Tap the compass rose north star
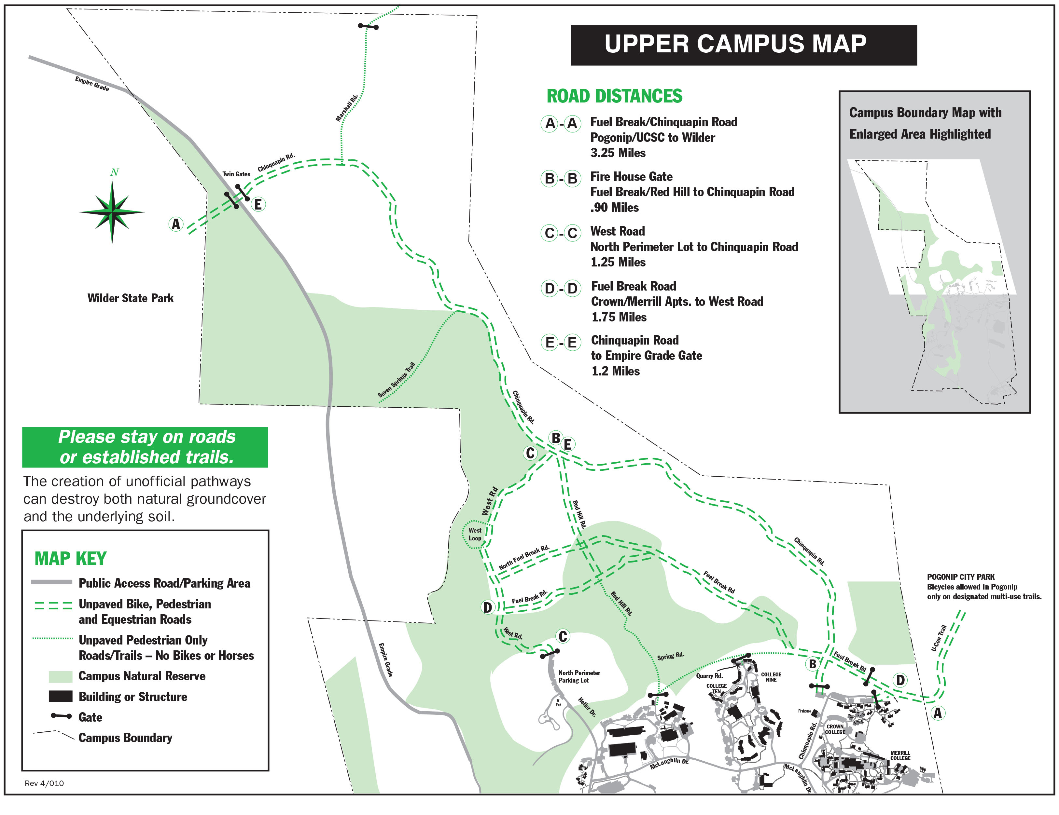(x=112, y=212)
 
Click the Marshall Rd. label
(x=347, y=108)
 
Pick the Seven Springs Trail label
(x=396, y=380)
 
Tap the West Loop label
(x=475, y=534)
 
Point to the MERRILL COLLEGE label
(x=900, y=755)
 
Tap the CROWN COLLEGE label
(x=835, y=729)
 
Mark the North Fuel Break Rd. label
(x=524, y=557)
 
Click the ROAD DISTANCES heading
(x=614, y=96)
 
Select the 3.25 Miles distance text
(x=618, y=153)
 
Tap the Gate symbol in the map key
(x=61, y=716)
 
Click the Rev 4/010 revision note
(x=44, y=783)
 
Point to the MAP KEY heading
(x=70, y=559)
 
